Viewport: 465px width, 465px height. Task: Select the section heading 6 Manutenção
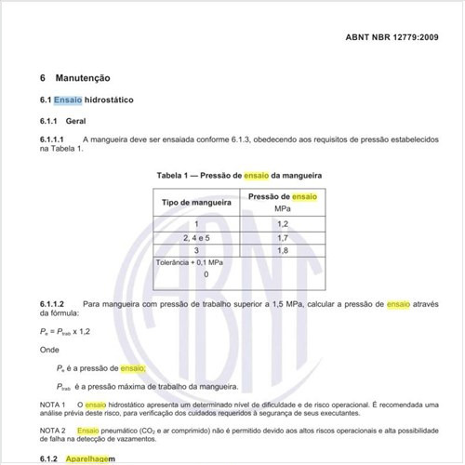click(82, 79)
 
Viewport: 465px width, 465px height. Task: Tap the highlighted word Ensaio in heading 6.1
click(68, 100)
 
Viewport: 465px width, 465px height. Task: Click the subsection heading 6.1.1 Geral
click(62, 121)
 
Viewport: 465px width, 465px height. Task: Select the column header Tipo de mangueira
click(196, 203)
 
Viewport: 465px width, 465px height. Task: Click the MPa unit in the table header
click(284, 209)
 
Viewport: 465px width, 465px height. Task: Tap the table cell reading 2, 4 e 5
click(196, 238)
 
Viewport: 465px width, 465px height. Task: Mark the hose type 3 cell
click(196, 251)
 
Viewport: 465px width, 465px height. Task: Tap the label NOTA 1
click(53, 405)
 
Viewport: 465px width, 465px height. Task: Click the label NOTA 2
click(53, 432)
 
